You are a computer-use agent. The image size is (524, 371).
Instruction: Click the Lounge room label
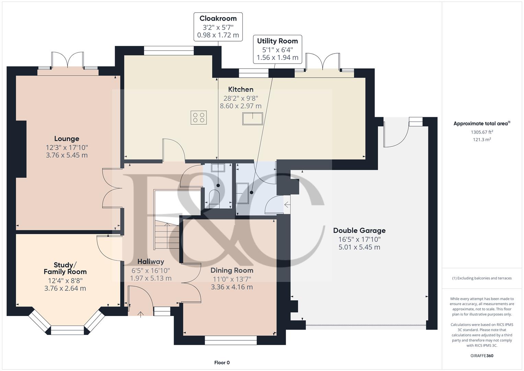coord(67,139)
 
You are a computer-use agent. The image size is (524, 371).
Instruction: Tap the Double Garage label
coord(359,231)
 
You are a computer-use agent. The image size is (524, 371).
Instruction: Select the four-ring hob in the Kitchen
coord(199,117)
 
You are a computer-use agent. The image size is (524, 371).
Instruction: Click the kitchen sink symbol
coord(253,119)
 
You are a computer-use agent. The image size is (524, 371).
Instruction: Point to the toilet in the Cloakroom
coord(214,199)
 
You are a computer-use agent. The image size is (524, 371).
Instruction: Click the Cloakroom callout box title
coord(218,18)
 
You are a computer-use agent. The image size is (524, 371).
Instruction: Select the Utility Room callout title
coord(277,41)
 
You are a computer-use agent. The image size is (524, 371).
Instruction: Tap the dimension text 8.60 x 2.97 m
coord(241,106)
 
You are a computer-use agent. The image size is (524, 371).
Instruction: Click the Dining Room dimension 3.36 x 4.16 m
coord(232,287)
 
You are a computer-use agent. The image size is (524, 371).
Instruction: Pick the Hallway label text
coord(151,262)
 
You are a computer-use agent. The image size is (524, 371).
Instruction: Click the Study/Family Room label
coord(65,268)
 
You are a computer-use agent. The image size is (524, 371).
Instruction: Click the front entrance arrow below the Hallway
coord(140,314)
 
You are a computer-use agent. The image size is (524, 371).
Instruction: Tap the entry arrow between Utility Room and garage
coord(287,205)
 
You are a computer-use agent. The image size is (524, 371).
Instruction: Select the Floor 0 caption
coord(222,362)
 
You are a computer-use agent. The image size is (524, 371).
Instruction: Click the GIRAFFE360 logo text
coord(482,356)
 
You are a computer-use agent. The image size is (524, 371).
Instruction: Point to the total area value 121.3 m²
coord(482,139)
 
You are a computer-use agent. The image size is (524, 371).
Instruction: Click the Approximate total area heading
coord(482,123)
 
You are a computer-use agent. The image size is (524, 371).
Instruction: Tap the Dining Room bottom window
coord(231,340)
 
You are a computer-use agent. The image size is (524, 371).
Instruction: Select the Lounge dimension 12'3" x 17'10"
coord(67,148)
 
